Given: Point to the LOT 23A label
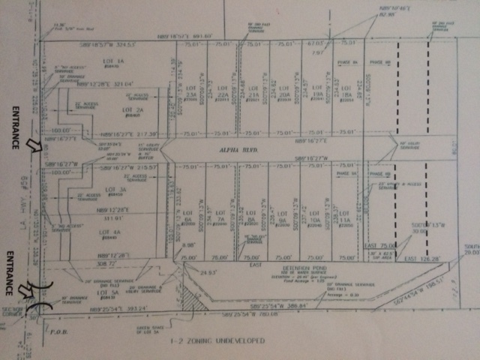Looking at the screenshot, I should (190, 97).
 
